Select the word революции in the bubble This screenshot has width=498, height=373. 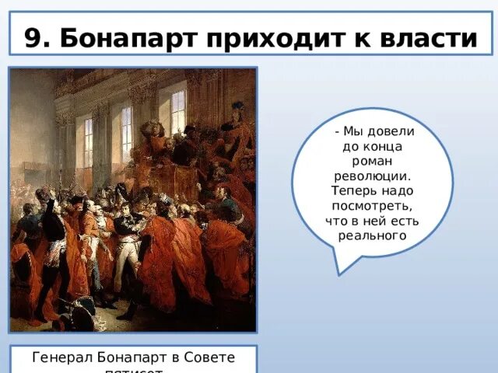coord(373,177)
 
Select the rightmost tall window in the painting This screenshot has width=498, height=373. coord(178,113)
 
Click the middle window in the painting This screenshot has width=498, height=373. coord(126,132)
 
